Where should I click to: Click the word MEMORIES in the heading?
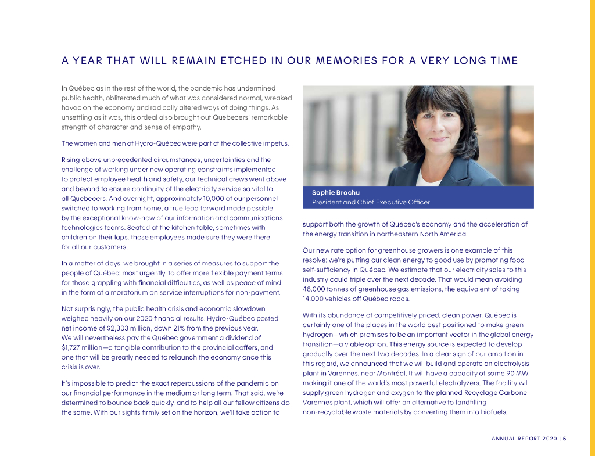point(345,60)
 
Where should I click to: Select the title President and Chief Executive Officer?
point(371,203)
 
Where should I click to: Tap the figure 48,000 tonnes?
point(329,289)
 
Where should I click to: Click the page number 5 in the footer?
point(564,439)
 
